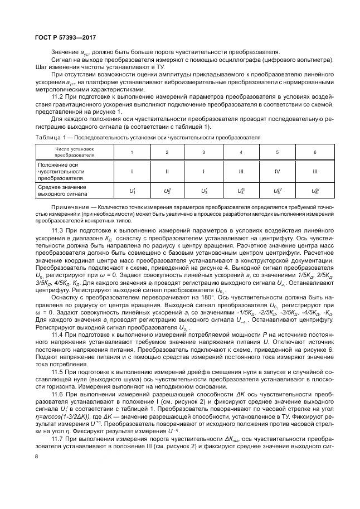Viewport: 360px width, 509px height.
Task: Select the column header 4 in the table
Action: (x=241, y=153)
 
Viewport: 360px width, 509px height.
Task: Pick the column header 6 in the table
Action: (x=315, y=153)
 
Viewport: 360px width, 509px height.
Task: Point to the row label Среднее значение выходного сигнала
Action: (x=62, y=191)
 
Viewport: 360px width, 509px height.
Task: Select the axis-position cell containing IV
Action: (x=278, y=172)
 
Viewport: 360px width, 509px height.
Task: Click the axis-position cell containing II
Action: (x=167, y=172)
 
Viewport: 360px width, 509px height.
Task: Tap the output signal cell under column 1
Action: (x=132, y=191)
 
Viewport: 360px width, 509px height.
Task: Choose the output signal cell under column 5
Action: (x=278, y=191)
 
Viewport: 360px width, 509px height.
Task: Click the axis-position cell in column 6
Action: (x=315, y=172)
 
